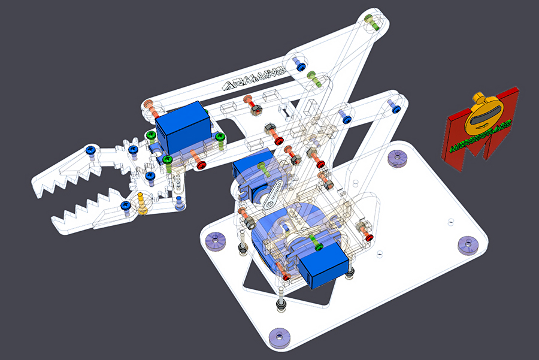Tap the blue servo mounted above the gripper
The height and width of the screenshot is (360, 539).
(183, 126)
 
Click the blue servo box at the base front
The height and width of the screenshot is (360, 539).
(323, 268)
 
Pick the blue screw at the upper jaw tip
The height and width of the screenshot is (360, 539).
(90, 150)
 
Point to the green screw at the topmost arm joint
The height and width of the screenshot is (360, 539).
(373, 25)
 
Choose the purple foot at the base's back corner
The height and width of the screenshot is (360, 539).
(396, 158)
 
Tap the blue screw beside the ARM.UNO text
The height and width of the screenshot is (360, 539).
(299, 62)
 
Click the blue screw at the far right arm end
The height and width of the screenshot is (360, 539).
(395, 107)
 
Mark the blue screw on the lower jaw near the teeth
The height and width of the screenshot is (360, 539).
(125, 205)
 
